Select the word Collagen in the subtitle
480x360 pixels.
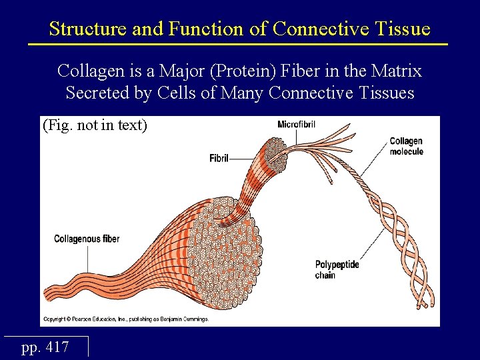pos(87,70)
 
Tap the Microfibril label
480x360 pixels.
pos(297,124)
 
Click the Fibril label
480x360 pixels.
pos(219,159)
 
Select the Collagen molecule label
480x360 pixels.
pos(406,146)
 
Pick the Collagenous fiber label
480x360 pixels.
pos(87,239)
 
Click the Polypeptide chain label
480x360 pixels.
pos(337,269)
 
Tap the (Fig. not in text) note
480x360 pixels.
pos(95,125)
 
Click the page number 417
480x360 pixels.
pos(45,347)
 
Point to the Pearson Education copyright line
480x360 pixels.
pos(126,319)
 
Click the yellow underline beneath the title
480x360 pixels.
pos(238,44)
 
